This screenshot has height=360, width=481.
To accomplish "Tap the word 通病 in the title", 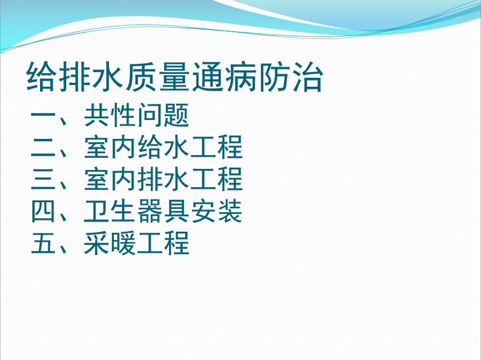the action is point(224,77).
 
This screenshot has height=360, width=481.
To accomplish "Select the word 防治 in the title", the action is point(291,77).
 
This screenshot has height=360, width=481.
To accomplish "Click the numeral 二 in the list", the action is point(43,147).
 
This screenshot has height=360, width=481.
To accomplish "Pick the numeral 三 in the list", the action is point(43,179).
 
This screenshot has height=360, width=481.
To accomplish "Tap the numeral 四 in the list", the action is point(43,211).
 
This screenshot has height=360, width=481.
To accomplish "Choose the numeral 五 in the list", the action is point(43,243).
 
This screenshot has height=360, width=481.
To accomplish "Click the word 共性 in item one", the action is point(110,115).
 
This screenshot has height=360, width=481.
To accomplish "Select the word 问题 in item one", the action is point(163,115).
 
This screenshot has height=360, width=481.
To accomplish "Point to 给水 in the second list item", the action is point(163,147).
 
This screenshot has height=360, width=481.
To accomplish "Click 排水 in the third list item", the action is point(163,179).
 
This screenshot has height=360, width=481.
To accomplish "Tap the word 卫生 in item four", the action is point(110,211).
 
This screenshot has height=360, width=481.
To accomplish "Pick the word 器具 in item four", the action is point(163,211).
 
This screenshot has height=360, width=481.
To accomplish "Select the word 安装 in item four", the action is point(216,211).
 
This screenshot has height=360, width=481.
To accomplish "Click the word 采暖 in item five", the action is point(110,243).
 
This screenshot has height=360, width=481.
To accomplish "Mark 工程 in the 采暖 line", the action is point(163,243).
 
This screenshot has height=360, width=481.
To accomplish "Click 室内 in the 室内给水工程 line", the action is point(110,147).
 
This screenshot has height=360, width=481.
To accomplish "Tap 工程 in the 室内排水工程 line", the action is point(216,179).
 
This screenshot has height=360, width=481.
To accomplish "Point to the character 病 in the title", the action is point(241,77).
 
